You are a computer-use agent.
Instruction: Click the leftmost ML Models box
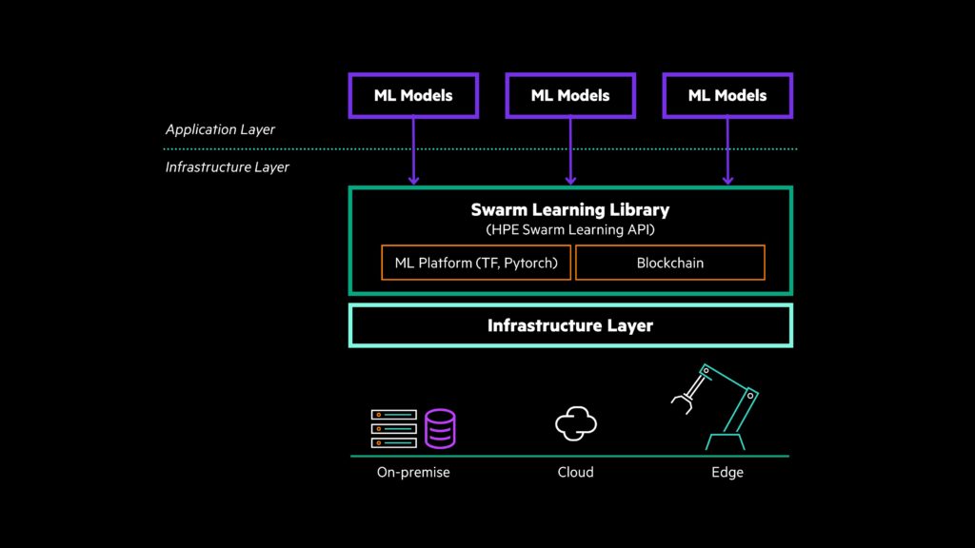(x=413, y=95)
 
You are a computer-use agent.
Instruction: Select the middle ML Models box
(x=570, y=95)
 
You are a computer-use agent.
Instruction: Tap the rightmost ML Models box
(x=727, y=95)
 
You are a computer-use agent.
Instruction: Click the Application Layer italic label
(x=220, y=129)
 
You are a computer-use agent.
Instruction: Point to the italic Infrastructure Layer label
(x=228, y=167)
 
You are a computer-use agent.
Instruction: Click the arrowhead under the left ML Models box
(x=413, y=178)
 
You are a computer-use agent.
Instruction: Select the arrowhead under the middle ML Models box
(x=570, y=178)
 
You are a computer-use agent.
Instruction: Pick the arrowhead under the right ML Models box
(x=727, y=178)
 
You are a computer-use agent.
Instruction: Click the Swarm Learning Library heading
(x=569, y=209)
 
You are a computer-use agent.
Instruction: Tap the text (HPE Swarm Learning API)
(x=569, y=230)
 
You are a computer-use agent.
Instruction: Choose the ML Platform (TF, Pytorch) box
(x=476, y=263)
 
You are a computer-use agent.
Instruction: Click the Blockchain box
(x=669, y=263)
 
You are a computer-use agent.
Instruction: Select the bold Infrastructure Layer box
(x=569, y=325)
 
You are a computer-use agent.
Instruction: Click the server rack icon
(x=394, y=429)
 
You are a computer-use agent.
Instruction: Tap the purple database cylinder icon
(x=440, y=429)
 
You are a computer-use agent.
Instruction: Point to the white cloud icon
(x=576, y=423)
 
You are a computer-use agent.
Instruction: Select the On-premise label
(x=413, y=472)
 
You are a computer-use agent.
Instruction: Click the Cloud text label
(x=575, y=472)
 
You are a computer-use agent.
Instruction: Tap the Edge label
(x=727, y=472)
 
